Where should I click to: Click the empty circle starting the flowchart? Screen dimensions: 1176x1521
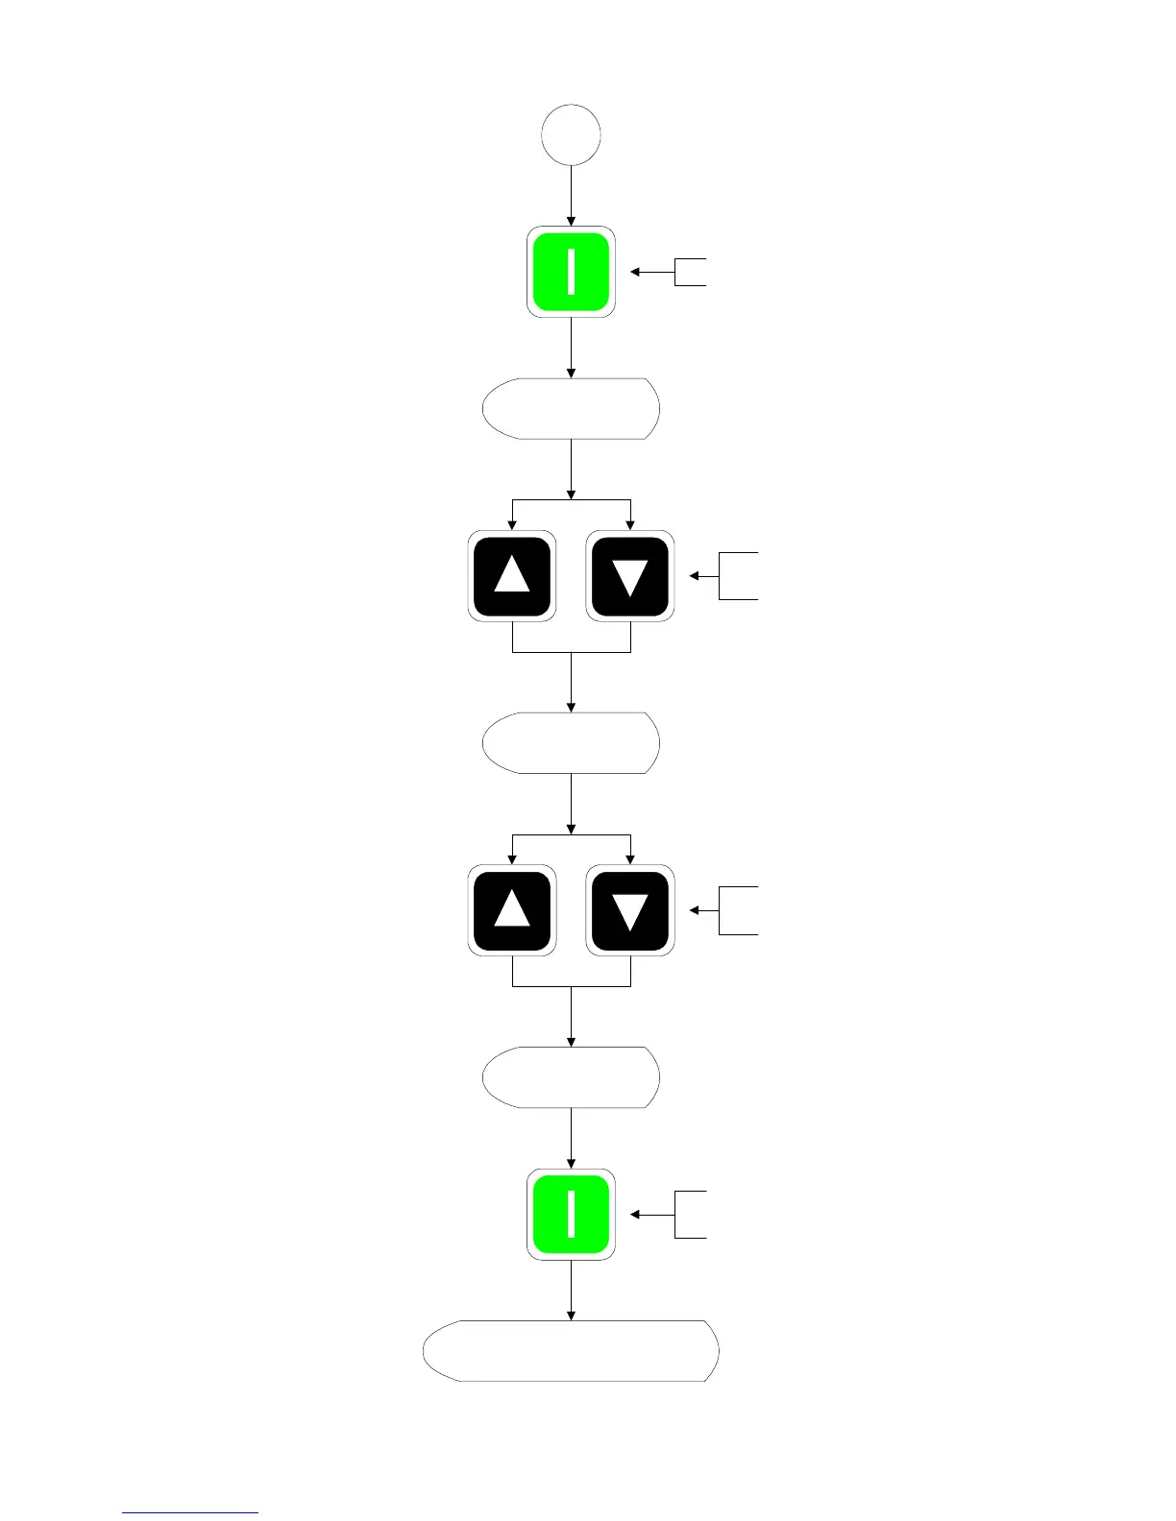[571, 135]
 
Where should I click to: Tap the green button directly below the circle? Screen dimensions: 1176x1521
[571, 272]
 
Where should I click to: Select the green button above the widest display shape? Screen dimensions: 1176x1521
[571, 1215]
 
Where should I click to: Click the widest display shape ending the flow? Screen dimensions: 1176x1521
[571, 1351]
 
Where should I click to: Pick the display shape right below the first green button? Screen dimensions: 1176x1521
[571, 409]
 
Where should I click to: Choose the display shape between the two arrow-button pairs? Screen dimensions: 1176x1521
[571, 743]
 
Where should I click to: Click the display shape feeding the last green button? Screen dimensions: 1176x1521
[571, 1077]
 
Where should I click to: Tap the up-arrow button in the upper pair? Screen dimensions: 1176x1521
[512, 576]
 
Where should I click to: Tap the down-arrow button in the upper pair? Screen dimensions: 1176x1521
[630, 576]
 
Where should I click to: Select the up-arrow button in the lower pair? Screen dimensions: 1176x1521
[512, 910]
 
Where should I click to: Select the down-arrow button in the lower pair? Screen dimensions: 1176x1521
[630, 910]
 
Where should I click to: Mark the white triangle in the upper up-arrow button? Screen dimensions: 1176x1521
[512, 574]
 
